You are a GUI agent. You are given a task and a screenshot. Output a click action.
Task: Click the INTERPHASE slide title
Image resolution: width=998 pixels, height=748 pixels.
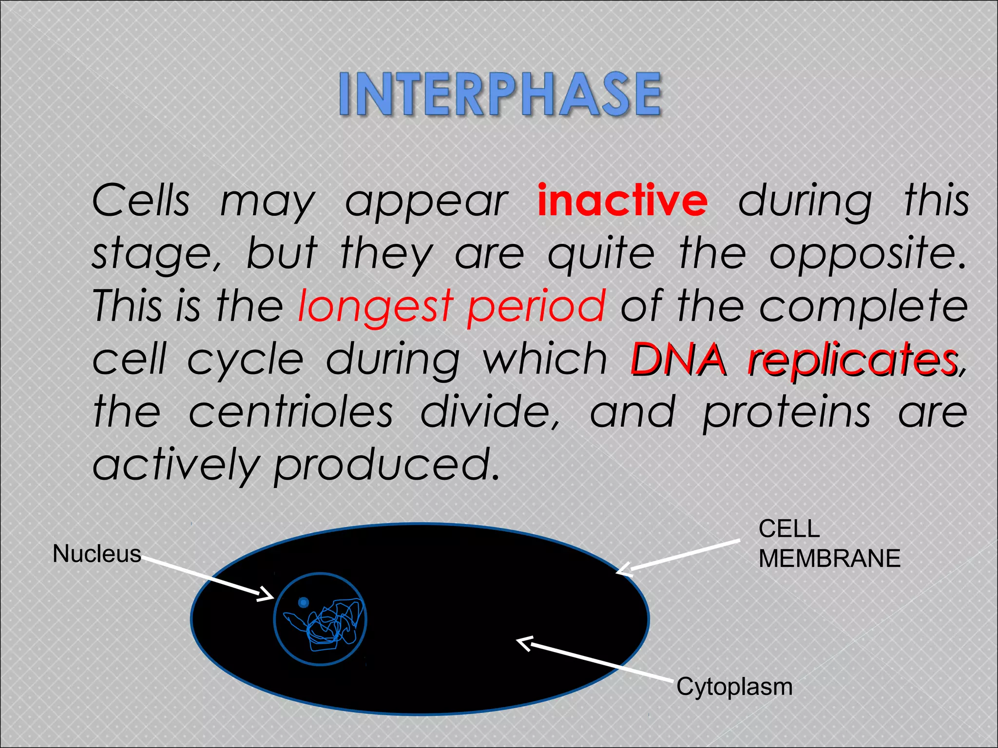click(500, 93)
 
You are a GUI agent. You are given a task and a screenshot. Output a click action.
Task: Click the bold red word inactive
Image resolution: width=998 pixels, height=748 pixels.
click(622, 201)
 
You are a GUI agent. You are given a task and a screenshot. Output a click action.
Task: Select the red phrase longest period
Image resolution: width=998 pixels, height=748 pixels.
click(452, 306)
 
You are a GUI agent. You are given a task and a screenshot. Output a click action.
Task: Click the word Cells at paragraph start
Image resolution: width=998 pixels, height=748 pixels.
click(141, 201)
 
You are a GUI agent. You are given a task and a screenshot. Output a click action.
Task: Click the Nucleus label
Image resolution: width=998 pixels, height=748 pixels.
click(96, 554)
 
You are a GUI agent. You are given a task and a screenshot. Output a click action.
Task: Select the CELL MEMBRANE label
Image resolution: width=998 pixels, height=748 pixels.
click(828, 543)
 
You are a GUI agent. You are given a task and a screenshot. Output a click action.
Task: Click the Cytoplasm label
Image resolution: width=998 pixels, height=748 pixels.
click(734, 687)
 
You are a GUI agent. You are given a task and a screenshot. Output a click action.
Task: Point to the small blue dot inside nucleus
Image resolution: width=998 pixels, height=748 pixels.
click(303, 603)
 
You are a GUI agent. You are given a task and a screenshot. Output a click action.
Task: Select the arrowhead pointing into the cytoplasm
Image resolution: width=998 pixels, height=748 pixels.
click(523, 643)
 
